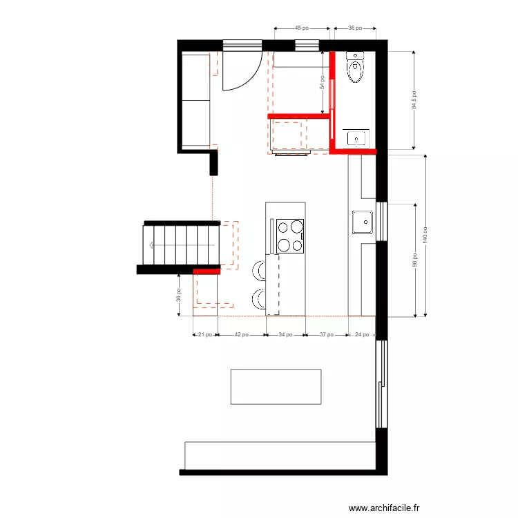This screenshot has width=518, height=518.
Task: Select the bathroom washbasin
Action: point(356,138)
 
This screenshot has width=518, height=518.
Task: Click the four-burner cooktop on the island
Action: point(290,236)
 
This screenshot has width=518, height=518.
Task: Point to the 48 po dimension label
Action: point(302,28)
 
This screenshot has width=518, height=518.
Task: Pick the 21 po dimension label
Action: point(205,335)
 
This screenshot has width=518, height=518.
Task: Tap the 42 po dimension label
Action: point(242,335)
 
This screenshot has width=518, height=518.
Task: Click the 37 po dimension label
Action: point(327,335)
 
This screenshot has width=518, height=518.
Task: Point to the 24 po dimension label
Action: point(361,335)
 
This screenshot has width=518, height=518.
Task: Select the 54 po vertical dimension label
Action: point(322,83)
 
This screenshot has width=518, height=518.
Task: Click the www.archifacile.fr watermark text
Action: point(384,508)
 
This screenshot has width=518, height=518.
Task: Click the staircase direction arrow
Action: point(151,244)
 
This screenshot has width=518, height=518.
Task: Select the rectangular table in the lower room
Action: point(276,386)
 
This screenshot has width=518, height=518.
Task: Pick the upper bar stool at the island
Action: point(258,269)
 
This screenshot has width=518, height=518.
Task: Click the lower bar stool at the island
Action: point(258,299)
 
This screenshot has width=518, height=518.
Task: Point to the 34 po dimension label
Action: point(285,335)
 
